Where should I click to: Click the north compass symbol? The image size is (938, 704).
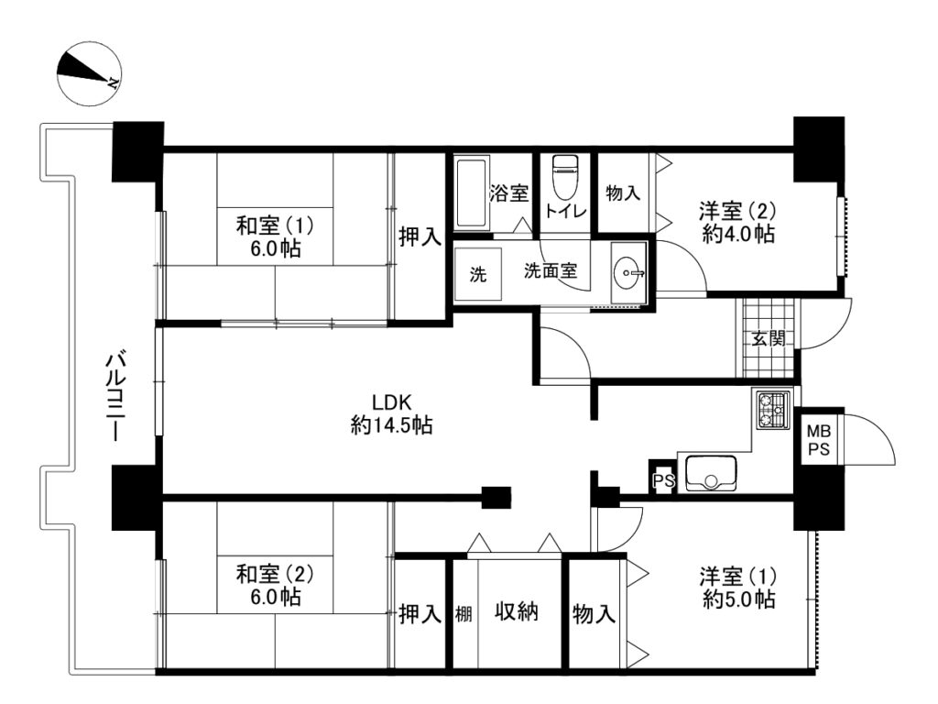(x=89, y=74)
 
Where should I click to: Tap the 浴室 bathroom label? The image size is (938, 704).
(x=509, y=193)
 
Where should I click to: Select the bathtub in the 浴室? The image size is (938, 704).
(x=471, y=192)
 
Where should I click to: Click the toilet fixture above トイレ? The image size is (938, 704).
(x=563, y=177)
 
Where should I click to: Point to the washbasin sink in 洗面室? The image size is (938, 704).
(x=628, y=273)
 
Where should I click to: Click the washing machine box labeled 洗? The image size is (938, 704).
(x=478, y=274)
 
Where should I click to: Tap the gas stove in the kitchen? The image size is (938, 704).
(x=773, y=410)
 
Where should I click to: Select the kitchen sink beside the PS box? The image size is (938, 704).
(x=711, y=473)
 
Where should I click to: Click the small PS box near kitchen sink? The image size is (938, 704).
(x=663, y=478)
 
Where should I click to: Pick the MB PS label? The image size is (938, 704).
(x=819, y=440)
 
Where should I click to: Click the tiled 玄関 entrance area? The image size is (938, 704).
(x=769, y=337)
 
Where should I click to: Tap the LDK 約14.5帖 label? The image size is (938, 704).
(x=392, y=413)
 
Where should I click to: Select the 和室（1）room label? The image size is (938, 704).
(x=275, y=237)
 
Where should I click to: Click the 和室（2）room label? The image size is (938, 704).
(x=275, y=586)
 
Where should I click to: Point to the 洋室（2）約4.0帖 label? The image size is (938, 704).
(x=738, y=222)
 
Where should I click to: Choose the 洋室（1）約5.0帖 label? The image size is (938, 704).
(x=739, y=588)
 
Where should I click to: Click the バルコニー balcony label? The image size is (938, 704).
(x=115, y=398)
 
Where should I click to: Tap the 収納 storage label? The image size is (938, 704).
(x=517, y=611)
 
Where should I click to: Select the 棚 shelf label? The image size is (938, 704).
(x=464, y=613)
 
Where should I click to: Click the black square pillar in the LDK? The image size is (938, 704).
(x=496, y=497)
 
